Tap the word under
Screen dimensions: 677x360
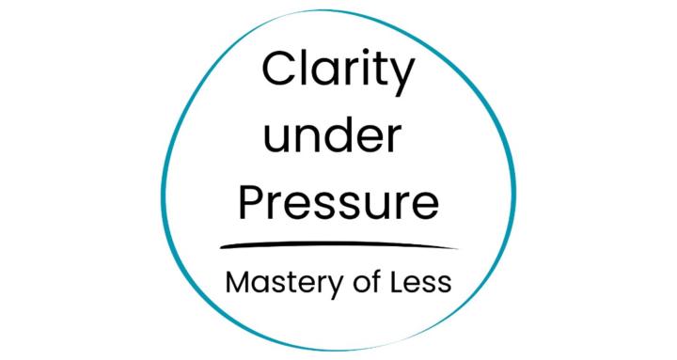click(x=330, y=139)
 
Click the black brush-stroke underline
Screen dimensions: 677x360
click(x=338, y=246)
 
